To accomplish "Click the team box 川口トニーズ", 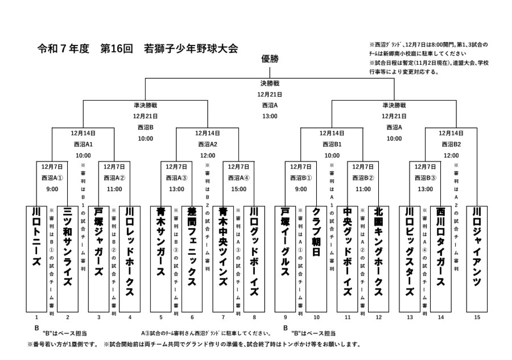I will click(x=36, y=257).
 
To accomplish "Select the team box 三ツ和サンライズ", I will click(x=68, y=257).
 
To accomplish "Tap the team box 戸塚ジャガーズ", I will click(x=98, y=257).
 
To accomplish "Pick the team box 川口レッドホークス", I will click(x=130, y=257).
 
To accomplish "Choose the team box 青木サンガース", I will click(x=161, y=257).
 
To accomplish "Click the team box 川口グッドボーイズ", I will click(x=254, y=257).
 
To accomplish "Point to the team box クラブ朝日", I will click(x=316, y=257).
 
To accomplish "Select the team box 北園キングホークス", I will click(x=379, y=257).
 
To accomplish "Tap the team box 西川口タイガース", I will click(x=441, y=257).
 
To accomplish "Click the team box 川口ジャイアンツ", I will click(x=477, y=257).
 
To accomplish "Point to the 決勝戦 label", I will click(x=270, y=84).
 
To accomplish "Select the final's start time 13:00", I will click(x=270, y=116).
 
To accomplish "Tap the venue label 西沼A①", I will click(x=52, y=177).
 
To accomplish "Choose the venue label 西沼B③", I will click(x=426, y=177).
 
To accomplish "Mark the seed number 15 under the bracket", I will click(x=477, y=317).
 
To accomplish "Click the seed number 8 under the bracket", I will click(x=254, y=317).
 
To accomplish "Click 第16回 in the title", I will click(x=116, y=49).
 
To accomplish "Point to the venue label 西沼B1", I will click(x=332, y=144).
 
